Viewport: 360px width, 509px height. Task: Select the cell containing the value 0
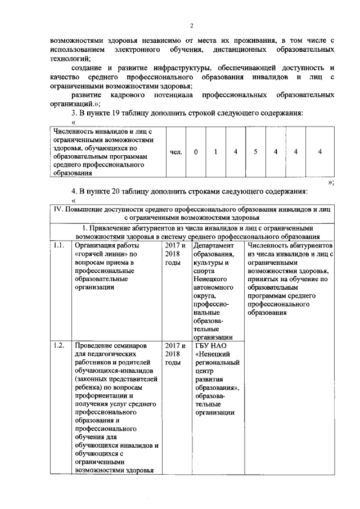point(196,152)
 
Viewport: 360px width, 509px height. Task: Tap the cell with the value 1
point(215,152)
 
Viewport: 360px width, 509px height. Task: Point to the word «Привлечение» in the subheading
point(111,228)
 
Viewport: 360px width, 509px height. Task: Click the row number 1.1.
point(59,245)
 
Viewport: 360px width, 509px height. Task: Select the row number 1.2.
point(59,345)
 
